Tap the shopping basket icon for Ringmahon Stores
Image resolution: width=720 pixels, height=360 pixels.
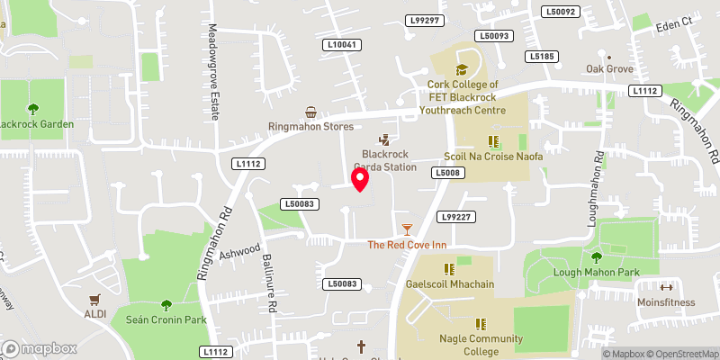(x=311, y=112)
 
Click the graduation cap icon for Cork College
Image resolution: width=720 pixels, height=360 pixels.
(x=463, y=68)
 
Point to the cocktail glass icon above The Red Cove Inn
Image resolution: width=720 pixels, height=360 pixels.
(x=407, y=230)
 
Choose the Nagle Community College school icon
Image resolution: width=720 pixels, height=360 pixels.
(x=480, y=323)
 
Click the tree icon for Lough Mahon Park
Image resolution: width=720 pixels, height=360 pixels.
(x=595, y=259)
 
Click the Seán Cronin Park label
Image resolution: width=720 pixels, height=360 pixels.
(x=166, y=319)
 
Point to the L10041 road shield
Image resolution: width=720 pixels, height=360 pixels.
(x=342, y=44)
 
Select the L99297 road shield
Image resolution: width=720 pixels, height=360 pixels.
(x=424, y=20)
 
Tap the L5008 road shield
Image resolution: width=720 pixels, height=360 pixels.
(x=447, y=172)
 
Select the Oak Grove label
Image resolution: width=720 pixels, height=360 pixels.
(x=609, y=68)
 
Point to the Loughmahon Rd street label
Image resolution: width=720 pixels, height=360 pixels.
(x=597, y=186)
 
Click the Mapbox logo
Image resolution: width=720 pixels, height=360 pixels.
(x=39, y=348)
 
